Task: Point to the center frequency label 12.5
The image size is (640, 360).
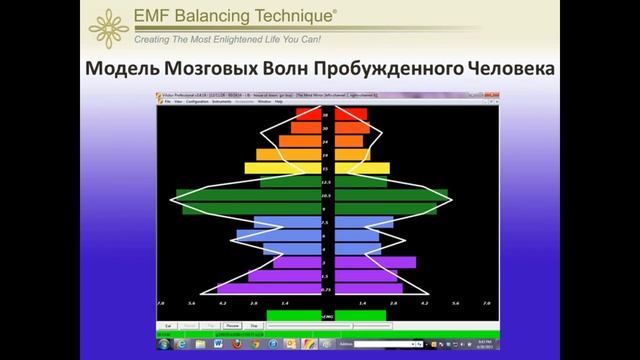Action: click(326, 183)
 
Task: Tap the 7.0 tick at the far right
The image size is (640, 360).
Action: click(487, 302)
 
